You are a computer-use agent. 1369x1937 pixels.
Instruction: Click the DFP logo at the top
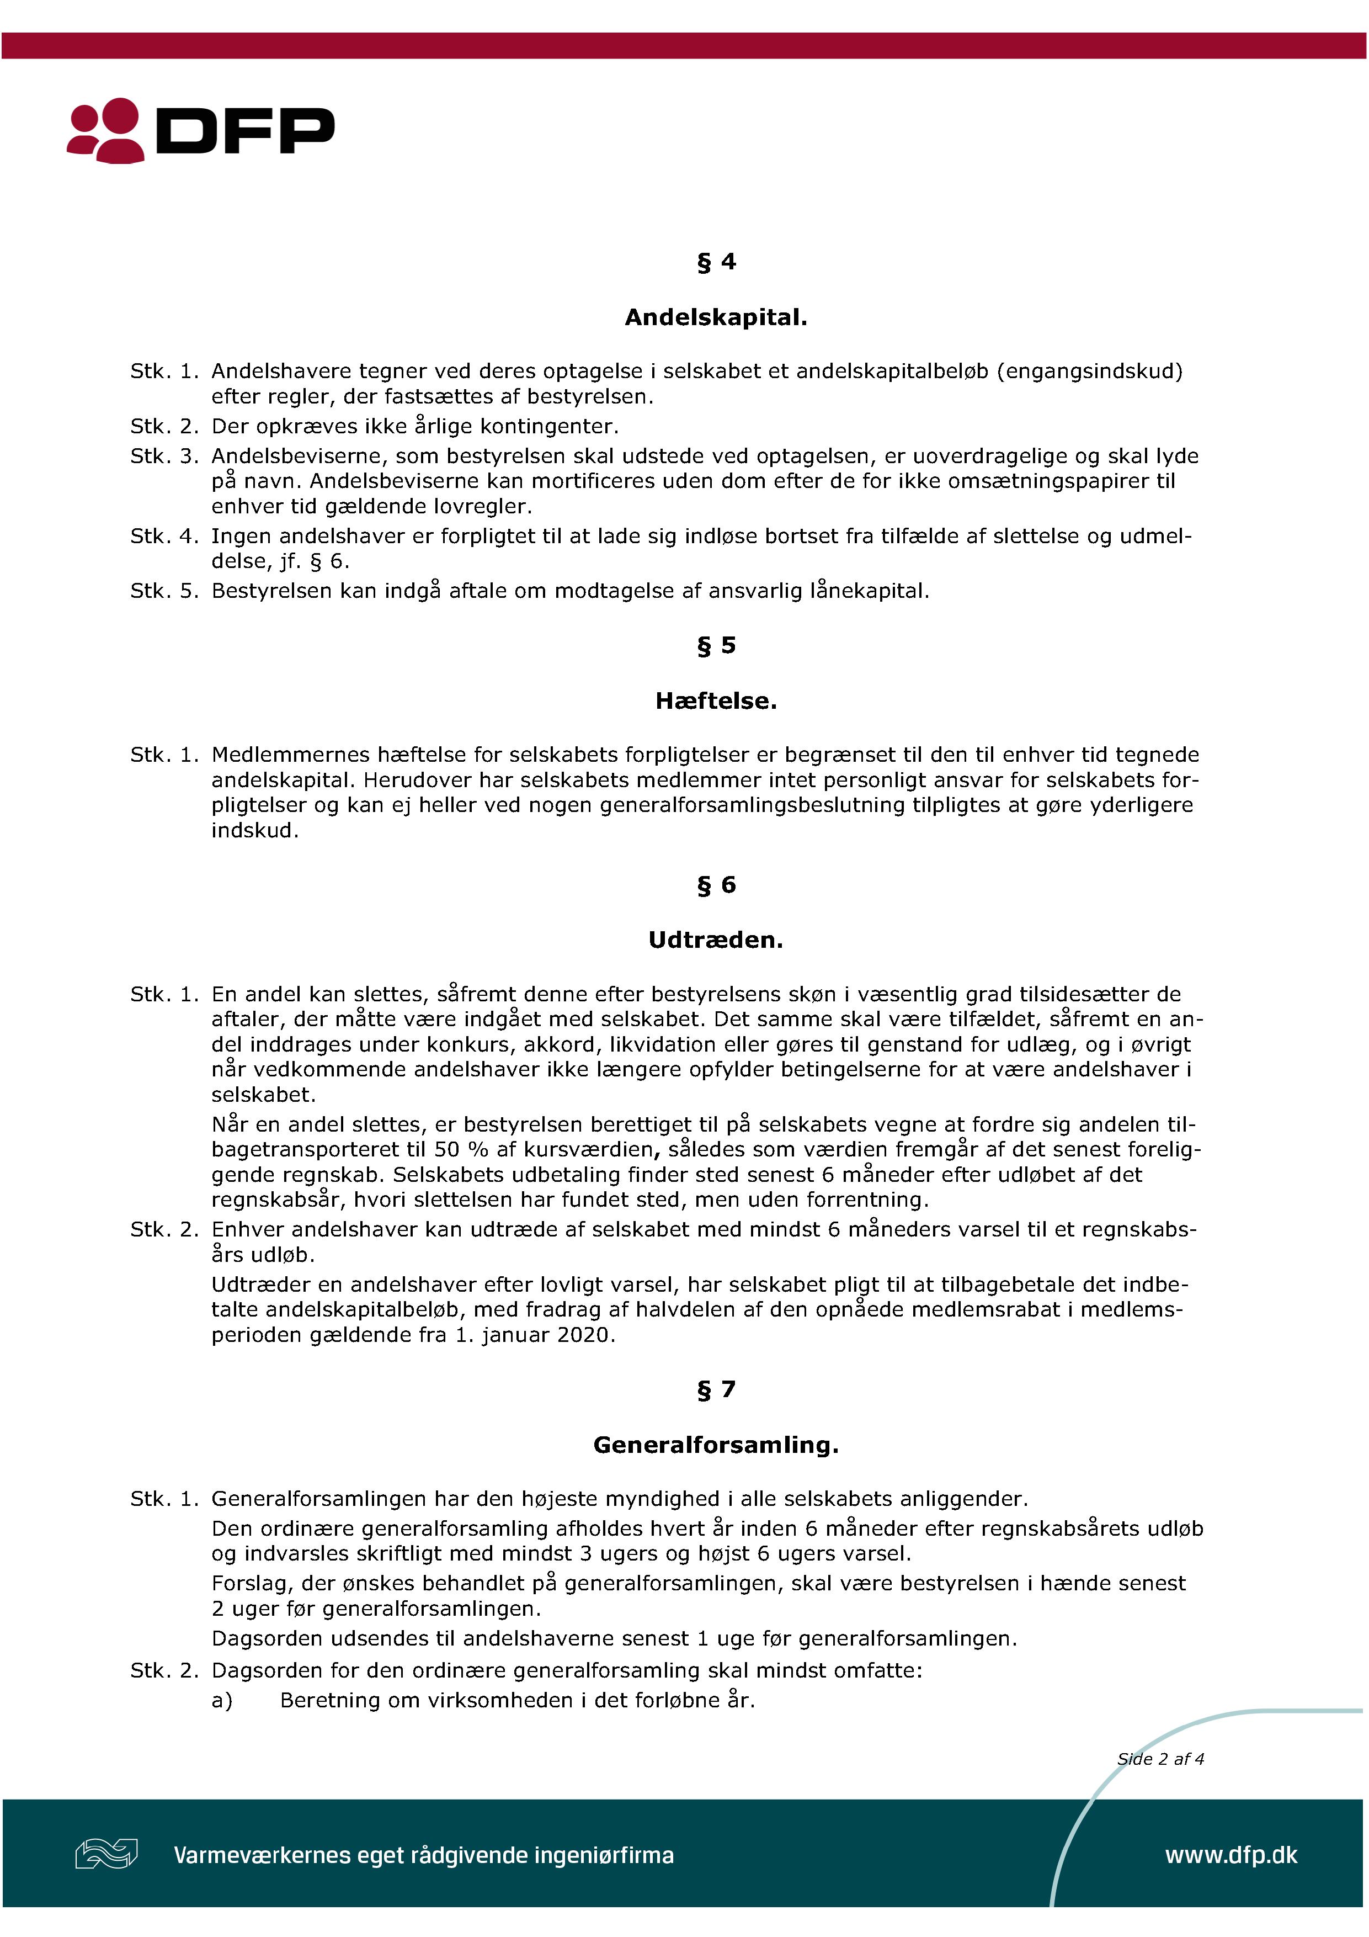pyautogui.click(x=201, y=131)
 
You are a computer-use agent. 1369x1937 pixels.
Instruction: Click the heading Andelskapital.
pyautogui.click(x=715, y=317)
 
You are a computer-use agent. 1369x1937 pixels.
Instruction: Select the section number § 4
pyautogui.click(x=715, y=262)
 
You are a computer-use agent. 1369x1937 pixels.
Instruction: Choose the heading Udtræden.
pyautogui.click(x=715, y=940)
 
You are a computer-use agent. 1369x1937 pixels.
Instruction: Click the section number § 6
pyautogui.click(x=715, y=884)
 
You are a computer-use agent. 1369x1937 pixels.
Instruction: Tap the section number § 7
pyautogui.click(x=715, y=1389)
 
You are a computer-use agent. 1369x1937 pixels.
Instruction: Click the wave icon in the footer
pyautogui.click(x=106, y=1854)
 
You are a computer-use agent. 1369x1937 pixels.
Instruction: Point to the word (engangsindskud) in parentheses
pyautogui.click(x=1089, y=371)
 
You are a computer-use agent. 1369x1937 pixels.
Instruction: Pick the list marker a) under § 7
pyautogui.click(x=222, y=1700)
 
